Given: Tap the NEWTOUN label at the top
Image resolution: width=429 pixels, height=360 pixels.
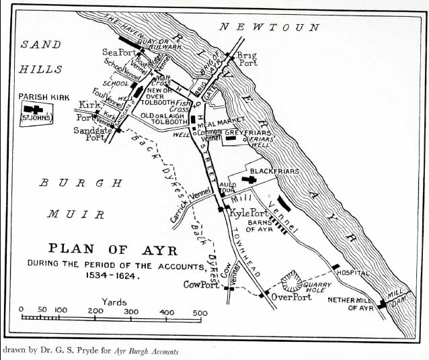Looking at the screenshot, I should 270,28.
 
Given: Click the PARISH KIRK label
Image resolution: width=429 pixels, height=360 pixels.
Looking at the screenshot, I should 44,97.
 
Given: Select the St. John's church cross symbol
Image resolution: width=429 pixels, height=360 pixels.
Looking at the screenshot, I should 32,109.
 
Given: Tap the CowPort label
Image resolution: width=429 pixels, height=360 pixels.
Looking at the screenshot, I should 202,285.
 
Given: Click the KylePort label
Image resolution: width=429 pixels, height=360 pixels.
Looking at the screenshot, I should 249,213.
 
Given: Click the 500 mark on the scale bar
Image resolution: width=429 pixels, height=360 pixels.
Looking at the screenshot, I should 200,312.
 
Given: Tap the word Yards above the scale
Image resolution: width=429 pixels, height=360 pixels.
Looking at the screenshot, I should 114,302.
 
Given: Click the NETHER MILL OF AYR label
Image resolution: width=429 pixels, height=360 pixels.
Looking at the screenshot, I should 350,304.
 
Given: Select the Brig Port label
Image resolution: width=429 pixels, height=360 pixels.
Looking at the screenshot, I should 247,58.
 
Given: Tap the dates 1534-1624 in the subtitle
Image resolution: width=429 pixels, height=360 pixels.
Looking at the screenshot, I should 112,275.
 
